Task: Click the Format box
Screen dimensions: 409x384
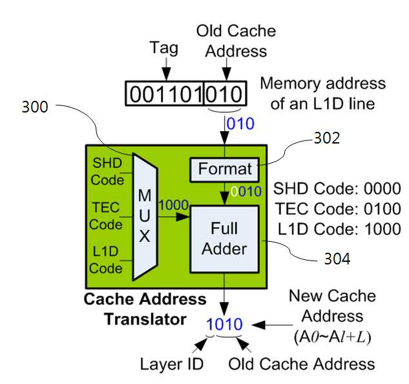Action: (x=224, y=169)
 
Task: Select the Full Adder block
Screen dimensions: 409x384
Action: (x=225, y=239)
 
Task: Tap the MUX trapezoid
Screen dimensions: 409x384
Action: (x=145, y=217)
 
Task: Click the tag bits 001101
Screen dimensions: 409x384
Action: (x=166, y=94)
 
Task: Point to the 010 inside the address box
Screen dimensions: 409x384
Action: (x=224, y=94)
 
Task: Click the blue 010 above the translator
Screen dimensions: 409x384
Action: (x=240, y=123)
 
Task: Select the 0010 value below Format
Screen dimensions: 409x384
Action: (x=246, y=191)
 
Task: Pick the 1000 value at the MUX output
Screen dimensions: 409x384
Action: (x=173, y=205)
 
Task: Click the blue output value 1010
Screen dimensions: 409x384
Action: (x=224, y=324)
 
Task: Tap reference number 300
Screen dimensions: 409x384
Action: (x=35, y=107)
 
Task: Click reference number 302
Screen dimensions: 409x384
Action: (x=327, y=138)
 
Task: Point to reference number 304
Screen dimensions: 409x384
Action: (x=337, y=259)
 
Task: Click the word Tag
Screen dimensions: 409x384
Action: (x=164, y=48)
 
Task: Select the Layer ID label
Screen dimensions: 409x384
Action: (x=172, y=364)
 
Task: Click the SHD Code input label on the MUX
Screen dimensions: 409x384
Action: (x=107, y=171)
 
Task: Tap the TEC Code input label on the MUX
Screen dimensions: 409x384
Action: (x=105, y=216)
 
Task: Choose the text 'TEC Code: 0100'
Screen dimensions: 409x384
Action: (x=338, y=209)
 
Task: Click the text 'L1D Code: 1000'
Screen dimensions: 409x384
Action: (x=339, y=229)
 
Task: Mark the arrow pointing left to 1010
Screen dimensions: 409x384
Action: (x=272, y=325)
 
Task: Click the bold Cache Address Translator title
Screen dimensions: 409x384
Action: (x=145, y=309)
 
